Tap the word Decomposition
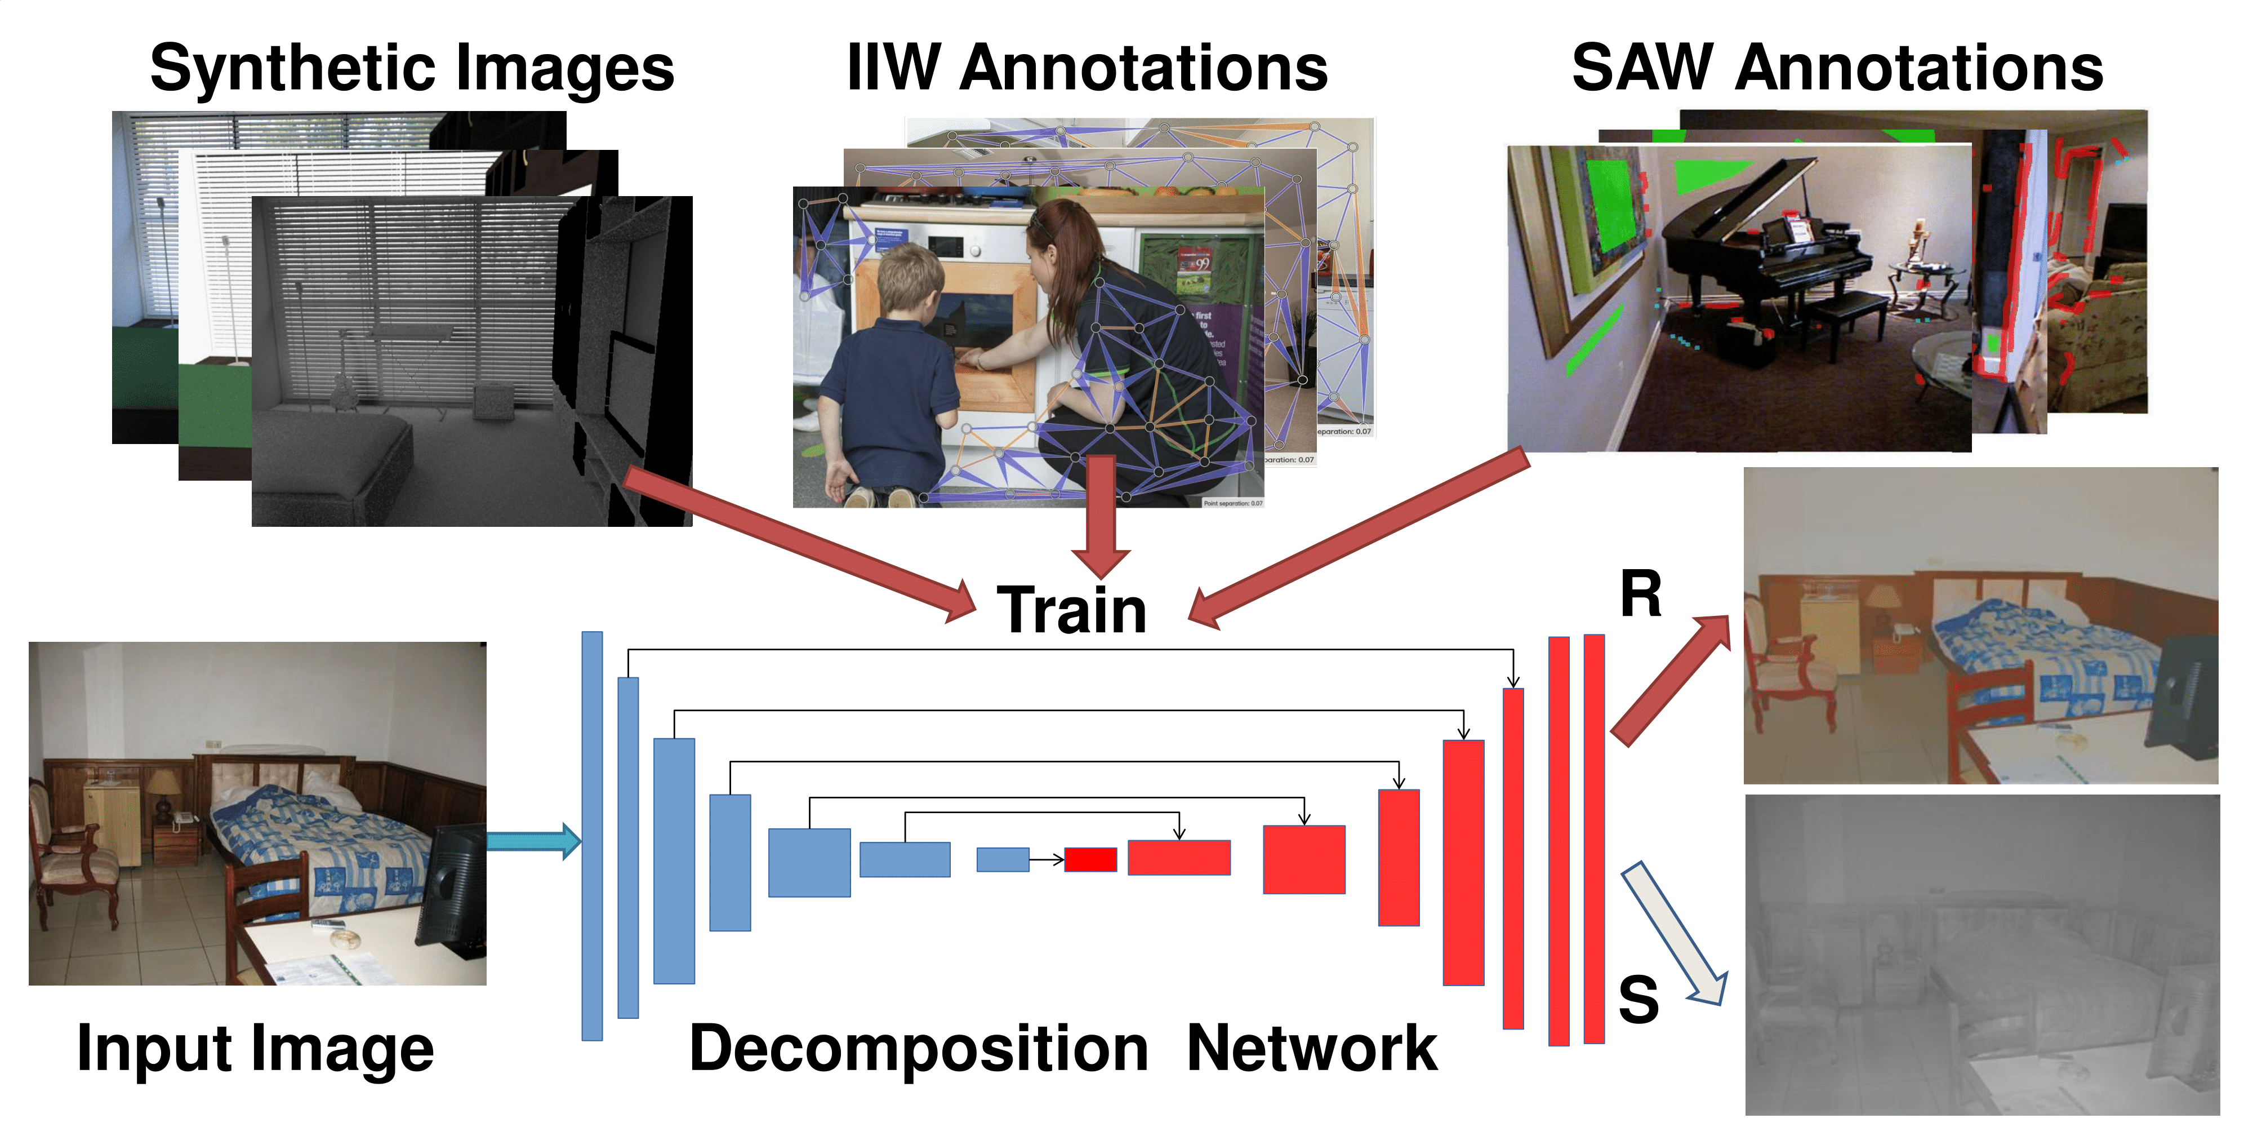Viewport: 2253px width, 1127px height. point(918,1048)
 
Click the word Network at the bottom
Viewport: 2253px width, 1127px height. point(1311,1048)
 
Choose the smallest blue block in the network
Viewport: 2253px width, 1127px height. point(1003,859)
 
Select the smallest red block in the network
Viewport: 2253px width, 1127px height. point(1090,859)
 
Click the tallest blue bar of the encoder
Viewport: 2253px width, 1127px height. point(592,836)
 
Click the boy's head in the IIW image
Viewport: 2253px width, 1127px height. point(910,280)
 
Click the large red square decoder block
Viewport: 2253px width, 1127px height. point(1303,859)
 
